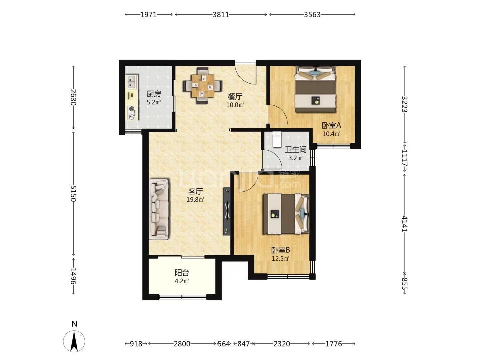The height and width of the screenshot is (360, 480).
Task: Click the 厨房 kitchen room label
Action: [154, 94]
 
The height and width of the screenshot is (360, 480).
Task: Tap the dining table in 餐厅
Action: [202, 86]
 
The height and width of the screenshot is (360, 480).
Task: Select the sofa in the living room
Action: [159, 209]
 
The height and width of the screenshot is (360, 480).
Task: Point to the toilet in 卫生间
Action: [277, 139]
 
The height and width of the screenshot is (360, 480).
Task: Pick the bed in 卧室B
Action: [286, 214]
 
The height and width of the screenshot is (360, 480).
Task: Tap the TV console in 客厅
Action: [227, 211]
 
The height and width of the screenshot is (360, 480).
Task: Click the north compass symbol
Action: [74, 341]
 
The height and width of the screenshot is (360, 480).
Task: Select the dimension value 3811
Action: [221, 15]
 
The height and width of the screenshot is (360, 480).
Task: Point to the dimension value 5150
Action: [73, 193]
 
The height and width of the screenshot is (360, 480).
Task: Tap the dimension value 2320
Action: [282, 344]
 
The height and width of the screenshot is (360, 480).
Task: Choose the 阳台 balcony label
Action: [182, 273]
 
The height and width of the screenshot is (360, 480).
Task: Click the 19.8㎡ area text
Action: [195, 200]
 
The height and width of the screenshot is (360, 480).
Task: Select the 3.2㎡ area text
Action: [295, 158]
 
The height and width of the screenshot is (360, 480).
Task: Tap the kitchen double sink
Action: [132, 82]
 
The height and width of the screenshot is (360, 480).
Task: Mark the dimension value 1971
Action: [148, 15]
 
